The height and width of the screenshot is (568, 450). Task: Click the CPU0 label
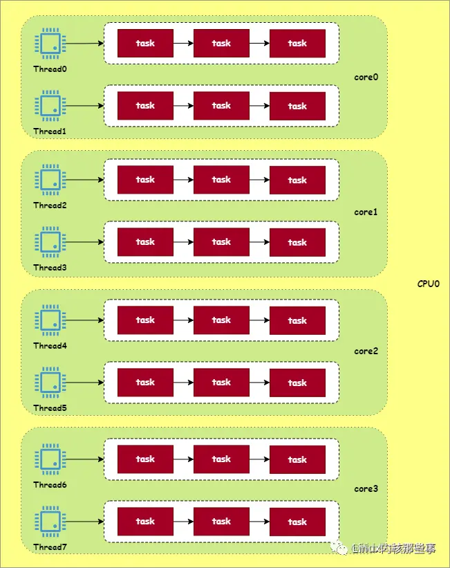coord(429,284)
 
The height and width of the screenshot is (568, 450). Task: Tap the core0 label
coord(366,77)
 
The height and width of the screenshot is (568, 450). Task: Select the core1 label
coord(366,212)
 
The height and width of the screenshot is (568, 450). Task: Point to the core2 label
coord(366,351)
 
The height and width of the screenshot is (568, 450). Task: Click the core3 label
coord(366,489)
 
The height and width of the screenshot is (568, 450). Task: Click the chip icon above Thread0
coord(50,44)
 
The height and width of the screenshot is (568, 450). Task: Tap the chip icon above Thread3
coord(50,242)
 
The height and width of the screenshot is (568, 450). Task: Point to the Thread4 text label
coord(50,346)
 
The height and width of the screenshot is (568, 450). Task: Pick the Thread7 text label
coord(50,547)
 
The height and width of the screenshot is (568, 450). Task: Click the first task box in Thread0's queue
coord(145,44)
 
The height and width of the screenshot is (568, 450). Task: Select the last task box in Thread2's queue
coord(297,180)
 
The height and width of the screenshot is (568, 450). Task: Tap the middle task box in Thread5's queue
coord(221,383)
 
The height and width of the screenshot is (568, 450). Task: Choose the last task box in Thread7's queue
coord(297,522)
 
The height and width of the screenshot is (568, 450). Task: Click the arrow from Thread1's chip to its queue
coord(84,106)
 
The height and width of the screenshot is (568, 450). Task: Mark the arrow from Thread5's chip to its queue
coord(84,383)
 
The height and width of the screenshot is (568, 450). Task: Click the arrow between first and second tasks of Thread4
coord(183,320)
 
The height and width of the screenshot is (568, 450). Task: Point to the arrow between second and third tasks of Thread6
coord(259,459)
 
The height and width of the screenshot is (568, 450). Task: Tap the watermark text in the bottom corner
coord(394,549)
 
